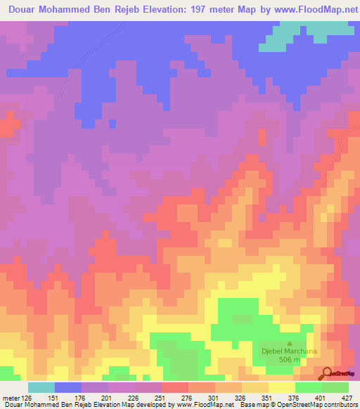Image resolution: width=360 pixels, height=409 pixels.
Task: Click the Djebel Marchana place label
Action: (x=287, y=351)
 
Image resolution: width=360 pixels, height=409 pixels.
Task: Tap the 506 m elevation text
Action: (x=288, y=360)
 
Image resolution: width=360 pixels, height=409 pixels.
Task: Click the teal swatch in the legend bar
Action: (x=41, y=387)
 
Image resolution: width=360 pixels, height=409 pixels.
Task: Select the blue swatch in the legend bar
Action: (x=68, y=387)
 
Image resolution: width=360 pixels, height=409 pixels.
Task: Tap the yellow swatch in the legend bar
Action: (x=282, y=387)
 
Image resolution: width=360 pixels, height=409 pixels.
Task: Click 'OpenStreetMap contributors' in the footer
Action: (x=316, y=405)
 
